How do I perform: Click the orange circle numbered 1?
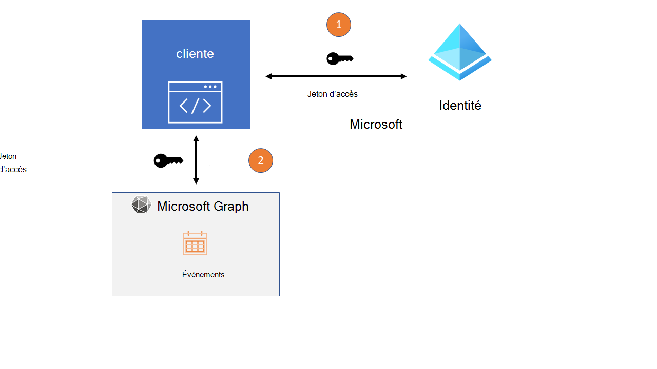(x=338, y=25)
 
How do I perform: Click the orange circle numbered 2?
(x=261, y=160)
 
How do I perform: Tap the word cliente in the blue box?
(x=195, y=54)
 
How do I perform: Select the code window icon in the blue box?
(x=195, y=102)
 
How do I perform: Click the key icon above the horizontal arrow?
(x=339, y=59)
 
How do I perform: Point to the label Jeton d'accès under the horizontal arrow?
(x=332, y=94)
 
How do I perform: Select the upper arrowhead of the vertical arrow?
(x=196, y=139)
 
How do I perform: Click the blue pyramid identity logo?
(x=460, y=52)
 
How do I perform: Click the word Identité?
(x=460, y=106)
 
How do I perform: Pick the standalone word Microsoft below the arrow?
(x=376, y=125)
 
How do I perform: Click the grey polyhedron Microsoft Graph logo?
(x=141, y=204)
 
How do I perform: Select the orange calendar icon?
(x=195, y=243)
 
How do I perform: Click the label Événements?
(x=203, y=275)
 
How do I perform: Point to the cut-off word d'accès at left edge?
(x=13, y=169)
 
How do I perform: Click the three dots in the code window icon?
(x=210, y=87)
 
